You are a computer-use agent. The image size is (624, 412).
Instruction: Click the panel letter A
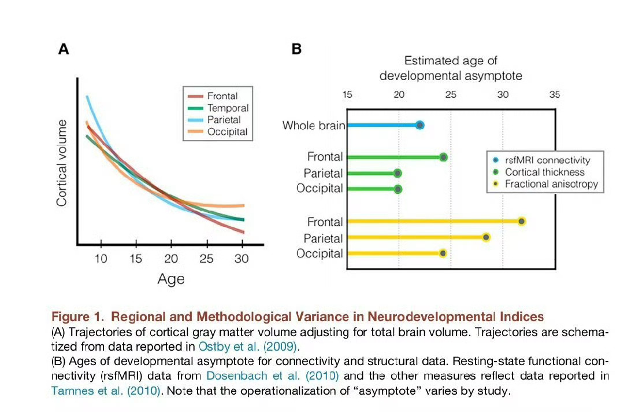64,49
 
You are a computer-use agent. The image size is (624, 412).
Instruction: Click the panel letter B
296,49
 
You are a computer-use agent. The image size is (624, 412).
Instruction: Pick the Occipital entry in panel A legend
227,132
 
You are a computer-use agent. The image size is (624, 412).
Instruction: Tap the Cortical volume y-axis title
62,163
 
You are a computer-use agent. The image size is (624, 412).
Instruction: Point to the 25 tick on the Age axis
206,258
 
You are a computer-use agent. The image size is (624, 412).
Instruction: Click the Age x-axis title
171,279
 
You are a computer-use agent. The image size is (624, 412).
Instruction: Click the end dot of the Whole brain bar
420,125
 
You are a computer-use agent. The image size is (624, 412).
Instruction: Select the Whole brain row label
314,125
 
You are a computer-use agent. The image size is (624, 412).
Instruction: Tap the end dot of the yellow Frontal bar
522,221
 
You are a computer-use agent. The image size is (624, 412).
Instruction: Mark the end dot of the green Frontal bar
443,157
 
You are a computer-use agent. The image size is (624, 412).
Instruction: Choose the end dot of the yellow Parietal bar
486,237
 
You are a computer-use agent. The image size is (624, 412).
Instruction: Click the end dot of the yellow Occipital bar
443,253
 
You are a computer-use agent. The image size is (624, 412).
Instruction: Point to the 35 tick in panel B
554,95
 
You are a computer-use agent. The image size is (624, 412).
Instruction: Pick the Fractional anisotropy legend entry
551,185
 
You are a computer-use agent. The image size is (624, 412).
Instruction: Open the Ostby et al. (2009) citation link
248,347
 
